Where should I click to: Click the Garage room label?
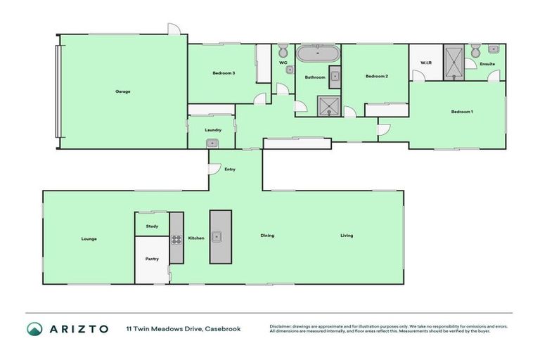point(123,91)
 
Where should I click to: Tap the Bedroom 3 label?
point(224,73)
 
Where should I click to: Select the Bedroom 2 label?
point(377,76)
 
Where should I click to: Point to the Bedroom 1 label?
point(462,112)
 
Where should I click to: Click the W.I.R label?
point(425,63)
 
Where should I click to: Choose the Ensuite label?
point(487,64)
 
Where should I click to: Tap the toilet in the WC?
point(283,50)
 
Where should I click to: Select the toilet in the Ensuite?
point(475,51)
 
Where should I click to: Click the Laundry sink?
point(212,143)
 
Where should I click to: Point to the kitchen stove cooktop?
point(176,238)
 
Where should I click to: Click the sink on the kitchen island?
point(219,236)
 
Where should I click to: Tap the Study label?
point(152,226)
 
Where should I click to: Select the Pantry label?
point(152,259)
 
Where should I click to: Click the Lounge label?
point(89,238)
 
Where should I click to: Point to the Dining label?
point(267,236)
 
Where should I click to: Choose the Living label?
point(347,236)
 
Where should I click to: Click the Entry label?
point(230,169)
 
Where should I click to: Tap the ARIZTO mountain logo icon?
point(34,328)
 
